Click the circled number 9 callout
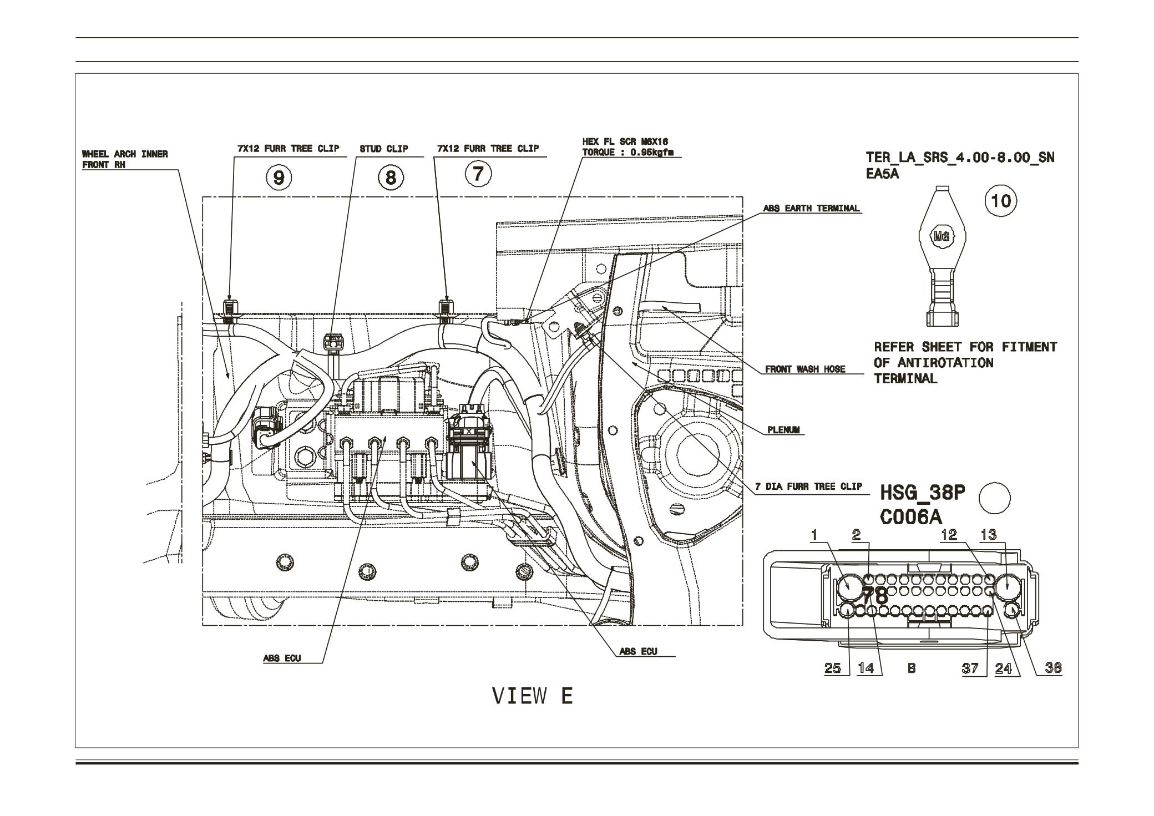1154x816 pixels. [x=279, y=177]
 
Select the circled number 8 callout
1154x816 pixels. [x=391, y=178]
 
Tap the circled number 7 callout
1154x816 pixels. [x=478, y=174]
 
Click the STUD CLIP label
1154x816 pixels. [x=383, y=149]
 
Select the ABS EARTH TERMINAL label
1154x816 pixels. [x=811, y=209]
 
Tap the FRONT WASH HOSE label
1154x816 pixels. [x=805, y=369]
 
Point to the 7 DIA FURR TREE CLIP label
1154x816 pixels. [x=808, y=486]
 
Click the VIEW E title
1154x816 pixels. [x=532, y=696]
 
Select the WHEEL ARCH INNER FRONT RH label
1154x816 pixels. [x=125, y=159]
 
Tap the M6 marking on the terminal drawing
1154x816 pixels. [x=942, y=236]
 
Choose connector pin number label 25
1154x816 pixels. [x=832, y=668]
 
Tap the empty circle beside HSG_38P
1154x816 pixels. [x=994, y=497]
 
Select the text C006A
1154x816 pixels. [x=911, y=517]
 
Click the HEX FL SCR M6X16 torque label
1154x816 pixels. [x=624, y=148]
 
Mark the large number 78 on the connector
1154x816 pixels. [x=875, y=596]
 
